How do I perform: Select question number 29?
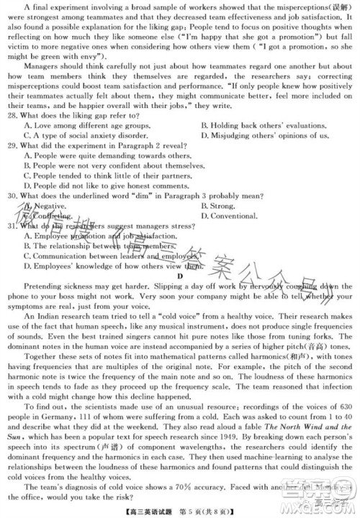(x=12, y=145)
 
